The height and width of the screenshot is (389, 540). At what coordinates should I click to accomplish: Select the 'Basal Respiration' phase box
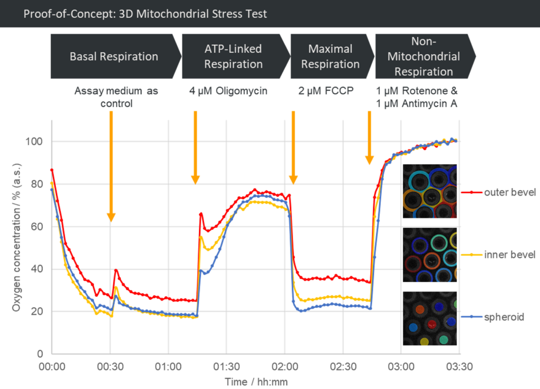pos(113,56)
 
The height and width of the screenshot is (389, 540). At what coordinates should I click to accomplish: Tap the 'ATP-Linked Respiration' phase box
pos(233,56)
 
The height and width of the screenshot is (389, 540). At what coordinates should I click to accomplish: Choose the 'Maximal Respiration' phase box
pos(330,56)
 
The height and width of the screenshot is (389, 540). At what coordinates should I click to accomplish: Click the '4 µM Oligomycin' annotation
pos(228,91)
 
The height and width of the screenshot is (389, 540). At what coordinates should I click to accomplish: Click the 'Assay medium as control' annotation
pos(117,97)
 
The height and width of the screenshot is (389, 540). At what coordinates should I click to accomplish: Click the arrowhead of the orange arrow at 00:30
pos(111,217)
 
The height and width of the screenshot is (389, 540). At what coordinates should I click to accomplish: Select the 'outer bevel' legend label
pos(509,192)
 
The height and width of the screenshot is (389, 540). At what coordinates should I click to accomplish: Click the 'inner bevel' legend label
pos(509,255)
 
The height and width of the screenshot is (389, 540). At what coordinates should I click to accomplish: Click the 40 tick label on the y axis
pos(37,269)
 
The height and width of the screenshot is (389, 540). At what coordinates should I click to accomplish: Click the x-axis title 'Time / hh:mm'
pos(256,381)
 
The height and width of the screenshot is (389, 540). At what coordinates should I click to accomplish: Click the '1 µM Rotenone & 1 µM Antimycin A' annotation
pos(417,97)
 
